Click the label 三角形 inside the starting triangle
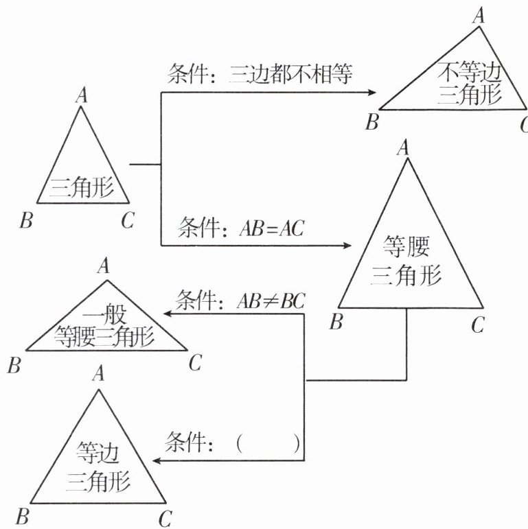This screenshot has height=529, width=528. [x=84, y=187]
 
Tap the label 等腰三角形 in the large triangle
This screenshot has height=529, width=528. [x=406, y=261]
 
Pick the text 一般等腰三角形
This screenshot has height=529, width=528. [x=106, y=327]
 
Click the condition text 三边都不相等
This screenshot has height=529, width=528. [x=291, y=74]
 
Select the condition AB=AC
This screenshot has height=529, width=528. [x=271, y=228]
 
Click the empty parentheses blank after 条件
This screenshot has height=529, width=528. [x=267, y=443]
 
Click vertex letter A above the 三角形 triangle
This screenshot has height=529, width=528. [x=82, y=95]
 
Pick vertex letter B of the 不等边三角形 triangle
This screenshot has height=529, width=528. [x=371, y=124]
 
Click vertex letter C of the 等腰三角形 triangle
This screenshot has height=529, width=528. [x=478, y=323]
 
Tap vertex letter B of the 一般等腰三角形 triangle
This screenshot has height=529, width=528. [x=14, y=365]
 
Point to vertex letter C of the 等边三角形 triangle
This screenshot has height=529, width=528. [x=165, y=518]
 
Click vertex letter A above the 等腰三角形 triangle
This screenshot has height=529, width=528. [x=404, y=146]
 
